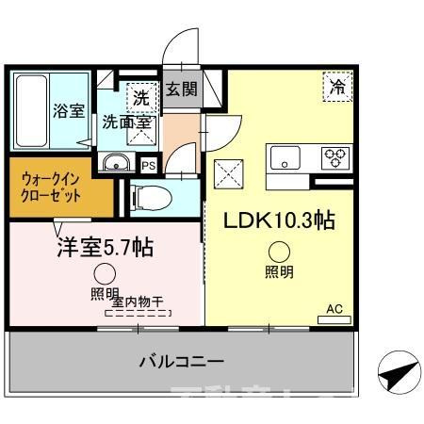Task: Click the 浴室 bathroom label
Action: pyautogui.click(x=68, y=109)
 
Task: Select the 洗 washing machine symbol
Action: pyautogui.click(x=140, y=96)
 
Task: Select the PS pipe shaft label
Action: pyautogui.click(x=148, y=166)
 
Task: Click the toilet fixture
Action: pyautogui.click(x=151, y=198)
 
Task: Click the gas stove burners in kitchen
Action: pyautogui.click(x=335, y=156)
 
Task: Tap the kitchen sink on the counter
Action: pyautogui.click(x=284, y=157)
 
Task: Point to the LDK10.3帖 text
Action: pyautogui.click(x=278, y=220)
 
